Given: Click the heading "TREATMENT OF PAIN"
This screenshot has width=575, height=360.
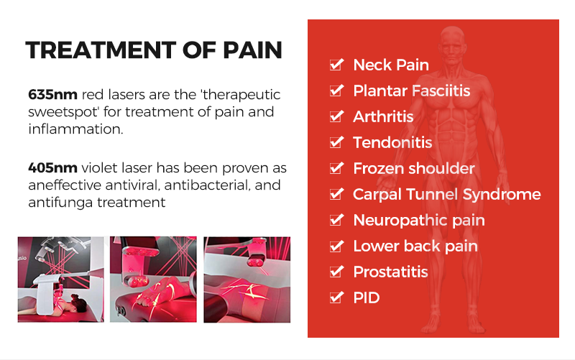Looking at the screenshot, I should (x=153, y=50).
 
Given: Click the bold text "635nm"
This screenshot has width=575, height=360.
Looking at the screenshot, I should (x=52, y=95).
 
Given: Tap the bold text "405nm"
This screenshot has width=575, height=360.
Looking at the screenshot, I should (x=52, y=168).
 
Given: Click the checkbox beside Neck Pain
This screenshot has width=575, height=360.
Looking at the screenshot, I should (x=336, y=65).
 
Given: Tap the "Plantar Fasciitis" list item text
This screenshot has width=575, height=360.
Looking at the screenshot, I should (x=411, y=91).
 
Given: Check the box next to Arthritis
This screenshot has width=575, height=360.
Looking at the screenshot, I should (x=336, y=116).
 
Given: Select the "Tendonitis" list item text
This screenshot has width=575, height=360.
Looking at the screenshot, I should (x=392, y=142).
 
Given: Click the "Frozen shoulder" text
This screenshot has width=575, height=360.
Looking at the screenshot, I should (x=413, y=168).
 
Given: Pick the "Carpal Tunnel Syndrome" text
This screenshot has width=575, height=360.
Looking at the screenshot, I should (x=446, y=194).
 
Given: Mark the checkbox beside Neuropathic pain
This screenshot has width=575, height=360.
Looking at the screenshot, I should (x=336, y=220).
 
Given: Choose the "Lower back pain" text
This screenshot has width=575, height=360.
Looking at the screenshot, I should (x=415, y=246).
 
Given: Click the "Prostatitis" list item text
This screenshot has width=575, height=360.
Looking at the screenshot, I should (x=390, y=272).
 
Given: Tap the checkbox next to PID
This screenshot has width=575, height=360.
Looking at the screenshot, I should (x=336, y=297).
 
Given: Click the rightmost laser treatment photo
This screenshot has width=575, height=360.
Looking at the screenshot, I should (x=247, y=280).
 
